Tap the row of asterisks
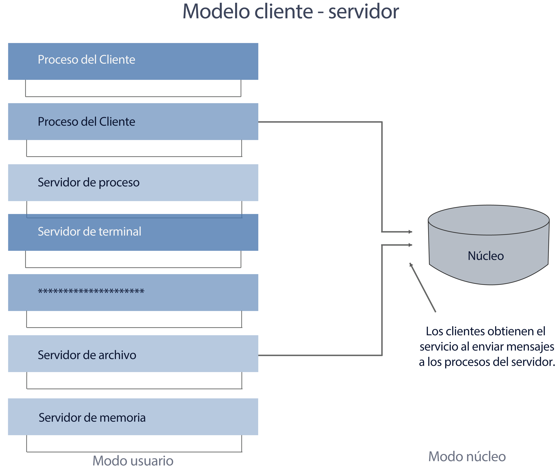click(x=91, y=292)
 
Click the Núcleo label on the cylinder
click(x=486, y=256)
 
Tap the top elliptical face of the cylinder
click(x=488, y=220)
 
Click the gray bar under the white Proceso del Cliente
click(x=133, y=100)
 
